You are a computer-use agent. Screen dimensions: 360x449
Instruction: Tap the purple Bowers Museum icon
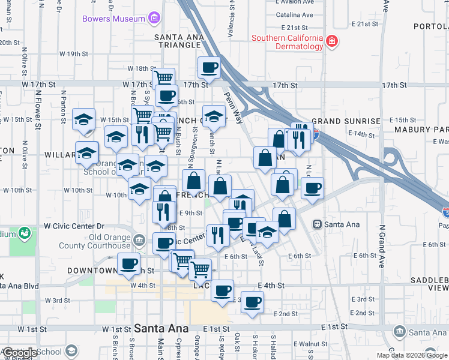coord(154,19)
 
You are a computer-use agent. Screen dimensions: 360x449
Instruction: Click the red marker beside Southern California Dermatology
coord(331,42)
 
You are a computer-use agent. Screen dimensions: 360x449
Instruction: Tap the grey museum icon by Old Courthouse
coord(139,241)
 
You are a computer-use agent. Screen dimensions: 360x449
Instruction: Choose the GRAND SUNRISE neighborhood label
coord(345,121)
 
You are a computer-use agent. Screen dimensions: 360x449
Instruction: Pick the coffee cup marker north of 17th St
coord(208,67)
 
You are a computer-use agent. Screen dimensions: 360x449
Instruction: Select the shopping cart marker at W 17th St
coord(163,78)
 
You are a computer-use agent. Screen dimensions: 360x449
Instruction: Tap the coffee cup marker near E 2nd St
coord(253,302)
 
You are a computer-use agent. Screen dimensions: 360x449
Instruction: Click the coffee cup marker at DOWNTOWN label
coord(128,263)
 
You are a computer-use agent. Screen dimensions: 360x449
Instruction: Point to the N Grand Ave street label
coord(381,246)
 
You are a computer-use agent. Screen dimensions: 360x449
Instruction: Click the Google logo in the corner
coord(19,353)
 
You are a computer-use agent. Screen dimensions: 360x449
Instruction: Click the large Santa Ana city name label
coord(161,329)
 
